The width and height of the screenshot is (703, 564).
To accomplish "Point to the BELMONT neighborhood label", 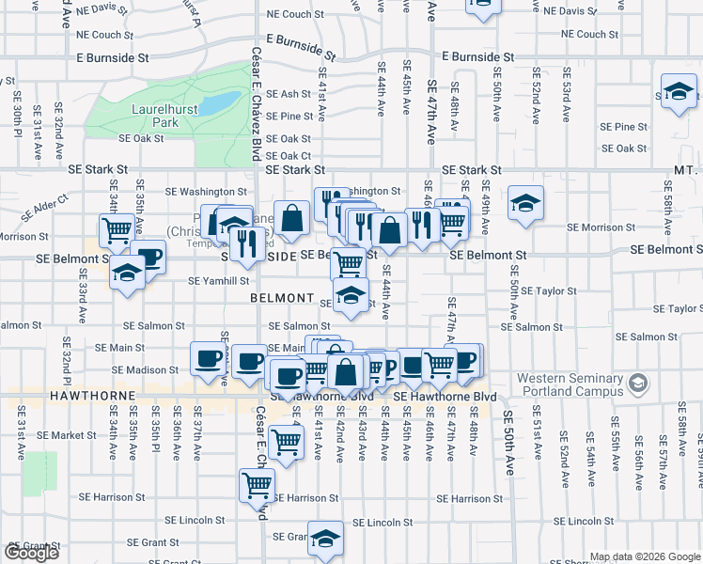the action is coord(282,298).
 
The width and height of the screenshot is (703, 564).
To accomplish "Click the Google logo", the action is coord(32,552).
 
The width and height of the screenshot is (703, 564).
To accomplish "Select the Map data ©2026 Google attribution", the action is coord(645,556).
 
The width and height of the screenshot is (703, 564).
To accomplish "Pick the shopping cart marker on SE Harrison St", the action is coord(257,485).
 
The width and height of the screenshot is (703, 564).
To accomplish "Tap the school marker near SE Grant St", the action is coord(325,539).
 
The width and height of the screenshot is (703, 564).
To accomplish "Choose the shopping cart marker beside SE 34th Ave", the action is coord(117,228).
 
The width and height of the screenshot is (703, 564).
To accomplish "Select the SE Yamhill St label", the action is coord(219,280).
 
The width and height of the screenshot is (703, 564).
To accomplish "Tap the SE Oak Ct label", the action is coord(289,156).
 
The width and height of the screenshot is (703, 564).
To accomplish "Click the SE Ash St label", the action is coord(289,94).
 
